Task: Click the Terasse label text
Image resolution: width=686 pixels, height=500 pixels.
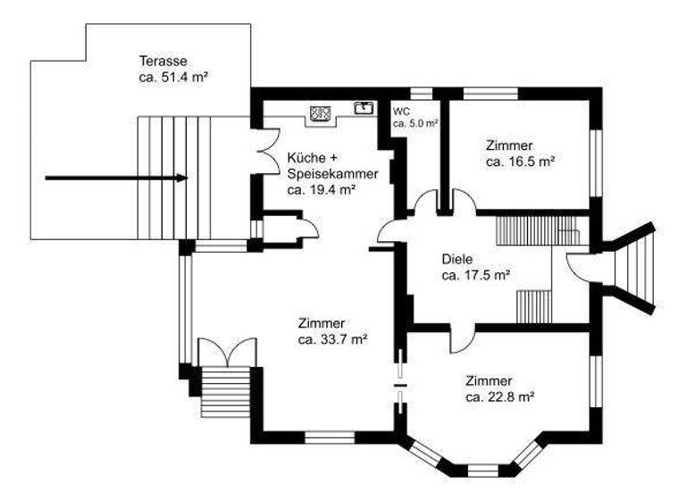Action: (163, 62)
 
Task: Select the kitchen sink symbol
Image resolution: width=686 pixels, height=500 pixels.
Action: (364, 109)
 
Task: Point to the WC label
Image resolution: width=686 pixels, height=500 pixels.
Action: (401, 112)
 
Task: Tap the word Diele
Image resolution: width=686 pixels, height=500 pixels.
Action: (456, 260)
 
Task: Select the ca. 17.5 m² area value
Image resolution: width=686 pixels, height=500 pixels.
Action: (475, 276)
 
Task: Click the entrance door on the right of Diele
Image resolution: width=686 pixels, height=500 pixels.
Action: (576, 267)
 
